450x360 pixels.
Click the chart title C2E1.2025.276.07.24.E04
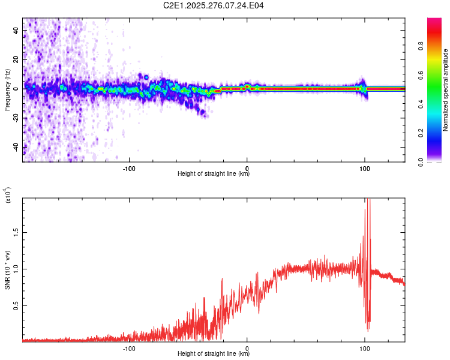click(214, 5)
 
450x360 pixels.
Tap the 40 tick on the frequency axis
click(16, 31)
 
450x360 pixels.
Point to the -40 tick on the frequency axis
click(16, 147)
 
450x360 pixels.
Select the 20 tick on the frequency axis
click(16, 60)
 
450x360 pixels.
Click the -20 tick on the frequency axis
click(16, 118)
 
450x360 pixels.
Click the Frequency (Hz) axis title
click(7, 89)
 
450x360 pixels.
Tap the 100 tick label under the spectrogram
click(364, 168)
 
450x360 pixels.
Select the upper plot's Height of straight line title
click(214, 174)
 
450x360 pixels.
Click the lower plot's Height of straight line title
click(214, 354)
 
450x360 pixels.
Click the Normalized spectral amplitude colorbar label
click(446, 90)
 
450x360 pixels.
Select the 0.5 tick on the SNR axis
click(16, 305)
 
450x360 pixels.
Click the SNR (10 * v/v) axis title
click(7, 269)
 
